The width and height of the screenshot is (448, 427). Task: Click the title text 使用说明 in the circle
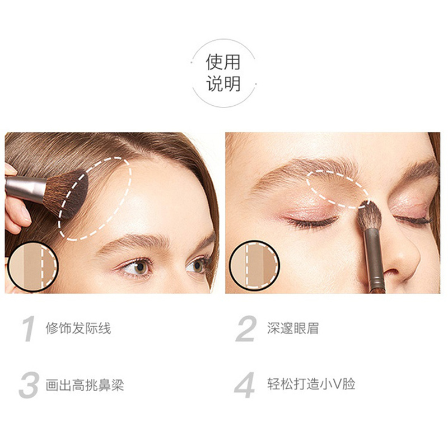[x=223, y=73]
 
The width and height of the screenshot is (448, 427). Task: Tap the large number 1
[x=29, y=329]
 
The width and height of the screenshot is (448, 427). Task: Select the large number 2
[x=245, y=329]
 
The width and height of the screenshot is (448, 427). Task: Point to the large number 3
[x=29, y=385]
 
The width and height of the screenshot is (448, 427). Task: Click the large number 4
[x=244, y=385]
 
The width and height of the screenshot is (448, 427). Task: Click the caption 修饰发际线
[x=78, y=328]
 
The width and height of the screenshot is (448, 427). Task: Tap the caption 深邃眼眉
[x=293, y=328]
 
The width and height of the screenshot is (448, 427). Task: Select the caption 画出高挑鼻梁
[x=85, y=385]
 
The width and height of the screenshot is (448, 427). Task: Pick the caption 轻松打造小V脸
[x=311, y=384]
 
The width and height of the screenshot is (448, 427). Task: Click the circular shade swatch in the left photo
[x=32, y=267]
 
